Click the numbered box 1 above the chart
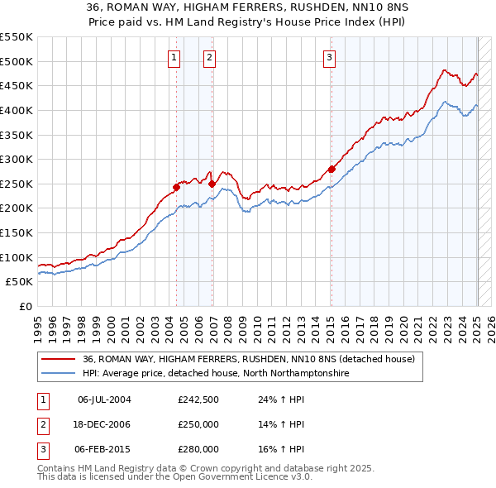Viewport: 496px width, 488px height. (x=174, y=57)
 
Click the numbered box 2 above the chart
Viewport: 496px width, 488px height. (x=210, y=57)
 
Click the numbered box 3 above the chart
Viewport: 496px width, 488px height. (x=329, y=57)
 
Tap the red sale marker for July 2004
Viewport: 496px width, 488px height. (x=176, y=187)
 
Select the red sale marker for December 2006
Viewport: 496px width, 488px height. (x=212, y=184)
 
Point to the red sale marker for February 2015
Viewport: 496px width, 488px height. (x=331, y=169)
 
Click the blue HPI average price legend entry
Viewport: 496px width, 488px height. (x=217, y=373)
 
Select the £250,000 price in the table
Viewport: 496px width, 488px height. (x=198, y=425)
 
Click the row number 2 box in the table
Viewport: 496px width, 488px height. (x=41, y=425)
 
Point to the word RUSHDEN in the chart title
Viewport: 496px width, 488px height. (x=266, y=7)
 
